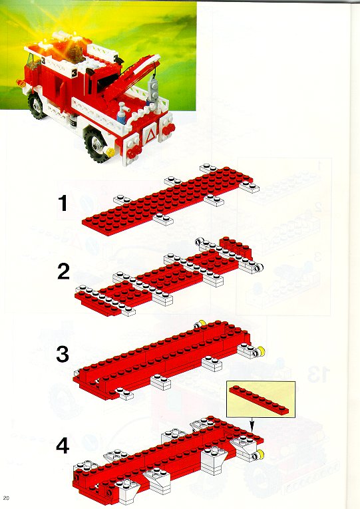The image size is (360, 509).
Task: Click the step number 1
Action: click(63, 203)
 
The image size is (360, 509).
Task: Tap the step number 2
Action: click(63, 271)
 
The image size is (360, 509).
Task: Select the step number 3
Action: click(63, 354)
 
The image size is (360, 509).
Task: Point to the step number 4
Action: click(63, 446)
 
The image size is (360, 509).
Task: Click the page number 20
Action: click(7, 498)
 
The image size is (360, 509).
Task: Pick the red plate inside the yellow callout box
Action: click(259, 400)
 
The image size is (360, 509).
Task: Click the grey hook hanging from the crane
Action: click(152, 88)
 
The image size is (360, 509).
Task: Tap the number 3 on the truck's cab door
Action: click(75, 74)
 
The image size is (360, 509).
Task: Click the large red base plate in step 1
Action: click(168, 201)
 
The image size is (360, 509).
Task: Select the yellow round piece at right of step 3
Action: click(260, 351)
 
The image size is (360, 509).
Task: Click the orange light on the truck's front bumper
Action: click(21, 83)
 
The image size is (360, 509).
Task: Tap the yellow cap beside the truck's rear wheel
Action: click(110, 152)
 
